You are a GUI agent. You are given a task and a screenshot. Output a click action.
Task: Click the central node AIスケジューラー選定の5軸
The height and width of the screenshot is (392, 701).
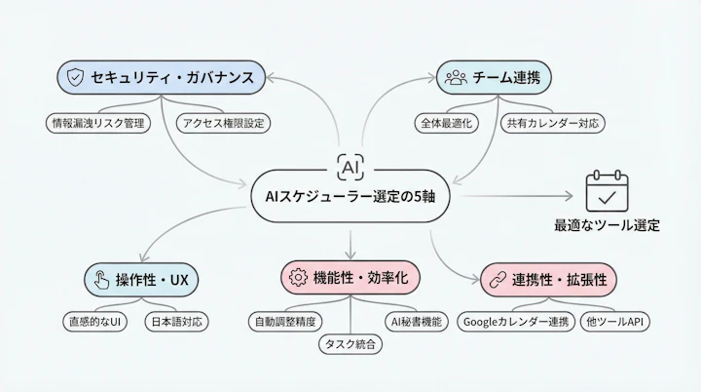tap(351, 196)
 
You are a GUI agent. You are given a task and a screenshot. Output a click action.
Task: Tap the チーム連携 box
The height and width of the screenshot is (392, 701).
tap(494, 76)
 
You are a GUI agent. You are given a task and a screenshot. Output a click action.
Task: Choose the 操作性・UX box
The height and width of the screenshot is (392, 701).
tap(143, 280)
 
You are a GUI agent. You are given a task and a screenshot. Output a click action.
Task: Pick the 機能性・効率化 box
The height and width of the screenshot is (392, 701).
tap(351, 278)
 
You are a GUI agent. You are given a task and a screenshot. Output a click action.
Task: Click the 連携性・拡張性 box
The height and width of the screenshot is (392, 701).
tap(550, 280)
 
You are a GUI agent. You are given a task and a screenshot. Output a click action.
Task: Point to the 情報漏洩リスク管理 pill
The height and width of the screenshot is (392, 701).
tap(99, 123)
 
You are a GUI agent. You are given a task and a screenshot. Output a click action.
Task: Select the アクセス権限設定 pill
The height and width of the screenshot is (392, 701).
tap(222, 123)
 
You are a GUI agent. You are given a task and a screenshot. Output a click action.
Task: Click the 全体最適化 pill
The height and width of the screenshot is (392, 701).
tap(446, 123)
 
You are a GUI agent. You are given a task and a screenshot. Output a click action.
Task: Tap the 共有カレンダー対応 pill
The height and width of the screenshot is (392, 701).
tap(553, 123)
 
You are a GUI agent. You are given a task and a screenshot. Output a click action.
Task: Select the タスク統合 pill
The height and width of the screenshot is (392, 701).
tap(350, 343)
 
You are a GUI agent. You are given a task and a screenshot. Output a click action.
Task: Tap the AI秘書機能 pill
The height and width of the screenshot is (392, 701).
tap(416, 321)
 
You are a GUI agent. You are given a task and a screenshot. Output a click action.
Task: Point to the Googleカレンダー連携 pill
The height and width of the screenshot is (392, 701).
tap(515, 321)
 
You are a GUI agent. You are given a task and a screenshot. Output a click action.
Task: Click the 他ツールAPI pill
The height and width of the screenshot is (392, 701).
tap(616, 321)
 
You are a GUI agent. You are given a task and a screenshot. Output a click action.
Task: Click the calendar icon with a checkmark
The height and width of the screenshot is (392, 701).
tap(607, 193)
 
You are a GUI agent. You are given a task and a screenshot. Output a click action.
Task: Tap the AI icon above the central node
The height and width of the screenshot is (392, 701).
tap(350, 165)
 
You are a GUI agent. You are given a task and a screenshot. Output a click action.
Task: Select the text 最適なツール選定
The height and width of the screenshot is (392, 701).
tap(607, 226)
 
